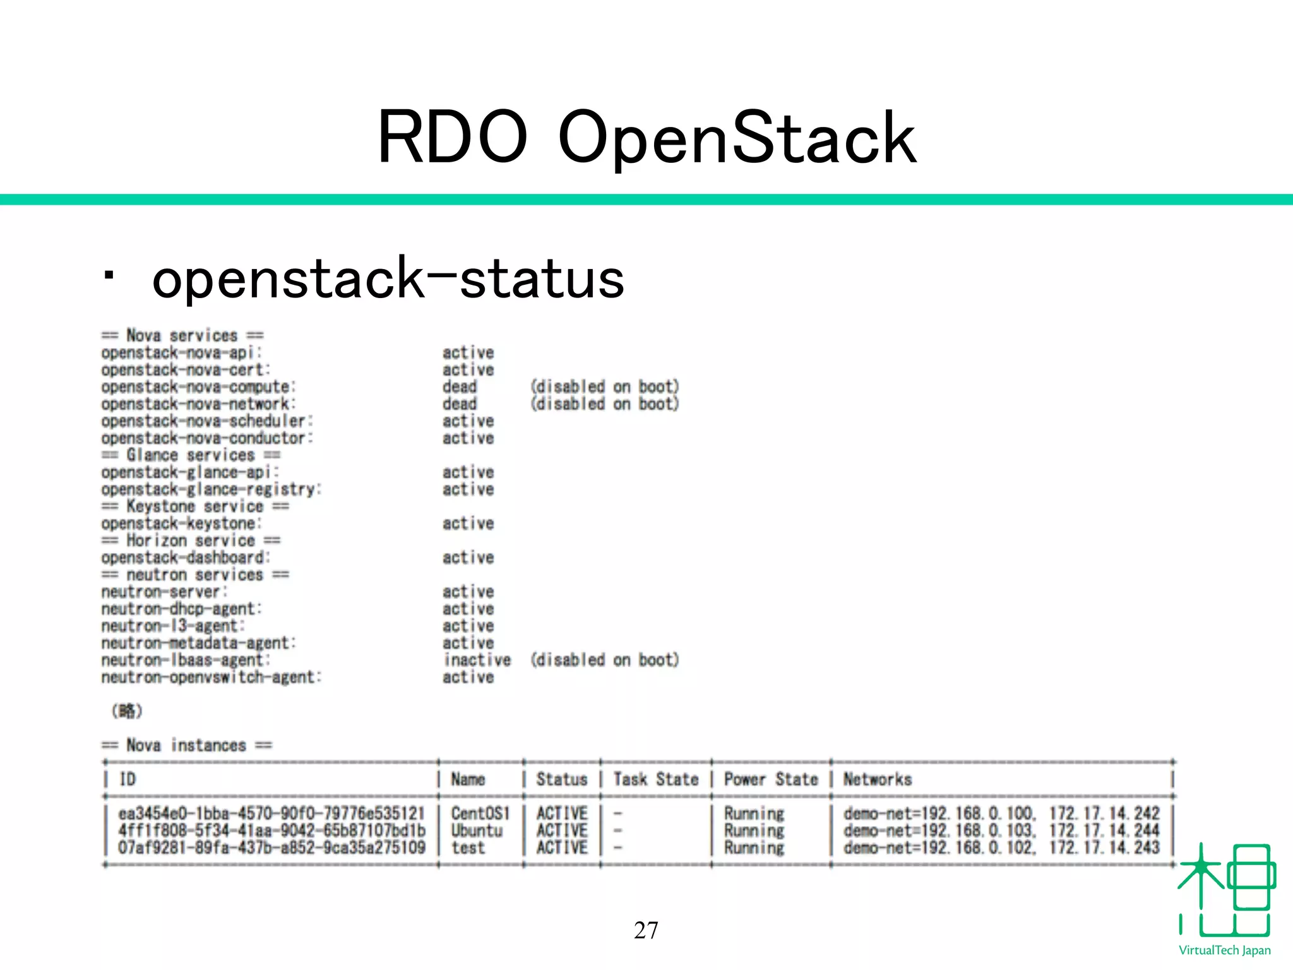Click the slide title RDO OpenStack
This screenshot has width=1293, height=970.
pyautogui.click(x=646, y=138)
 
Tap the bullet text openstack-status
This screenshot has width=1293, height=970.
pyautogui.click(x=388, y=278)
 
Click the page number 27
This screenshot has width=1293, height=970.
pyautogui.click(x=646, y=930)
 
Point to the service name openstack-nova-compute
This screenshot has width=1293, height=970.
pyautogui.click(x=198, y=386)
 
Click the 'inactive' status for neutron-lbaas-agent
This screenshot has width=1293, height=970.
pyautogui.click(x=477, y=660)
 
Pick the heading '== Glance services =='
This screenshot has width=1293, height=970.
pyautogui.click(x=191, y=455)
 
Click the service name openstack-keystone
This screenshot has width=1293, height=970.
pyautogui.click(x=181, y=524)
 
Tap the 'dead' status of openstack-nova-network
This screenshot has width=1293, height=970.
pyautogui.click(x=459, y=404)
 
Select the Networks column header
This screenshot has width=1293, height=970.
pyautogui.click(x=878, y=779)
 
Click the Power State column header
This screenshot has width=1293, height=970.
pyautogui.click(x=770, y=779)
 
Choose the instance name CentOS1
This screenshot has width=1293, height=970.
pyautogui.click(x=480, y=813)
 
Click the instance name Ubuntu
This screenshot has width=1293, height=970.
pyautogui.click(x=477, y=830)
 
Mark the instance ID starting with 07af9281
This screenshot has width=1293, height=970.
pyautogui.click(x=271, y=847)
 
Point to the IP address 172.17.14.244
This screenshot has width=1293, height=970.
pyautogui.click(x=1104, y=830)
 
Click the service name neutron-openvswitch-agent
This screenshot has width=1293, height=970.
pyautogui.click(x=211, y=677)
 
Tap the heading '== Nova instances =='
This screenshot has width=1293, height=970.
pyautogui.click(x=187, y=745)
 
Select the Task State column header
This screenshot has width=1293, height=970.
pyautogui.click(x=656, y=779)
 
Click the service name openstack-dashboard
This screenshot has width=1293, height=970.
pyautogui.click(x=185, y=558)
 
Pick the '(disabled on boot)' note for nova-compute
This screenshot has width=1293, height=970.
pyautogui.click(x=604, y=386)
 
